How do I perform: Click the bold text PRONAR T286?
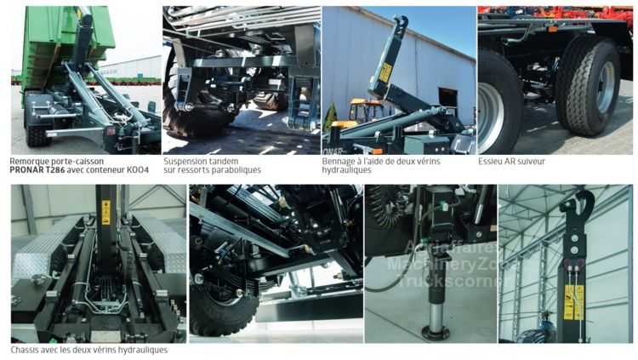point(37,170)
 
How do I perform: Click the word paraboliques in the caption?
point(236,170)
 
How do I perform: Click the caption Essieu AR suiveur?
point(511,161)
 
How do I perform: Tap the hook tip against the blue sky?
point(402,21)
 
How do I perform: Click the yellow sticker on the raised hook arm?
point(385,73)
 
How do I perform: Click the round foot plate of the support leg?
point(436,333)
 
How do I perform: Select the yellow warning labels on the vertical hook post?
point(573,302)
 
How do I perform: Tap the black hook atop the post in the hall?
point(578,203)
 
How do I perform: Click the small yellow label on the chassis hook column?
point(105,212)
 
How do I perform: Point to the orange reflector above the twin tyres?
point(553,29)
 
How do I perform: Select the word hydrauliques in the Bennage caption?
point(347,170)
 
